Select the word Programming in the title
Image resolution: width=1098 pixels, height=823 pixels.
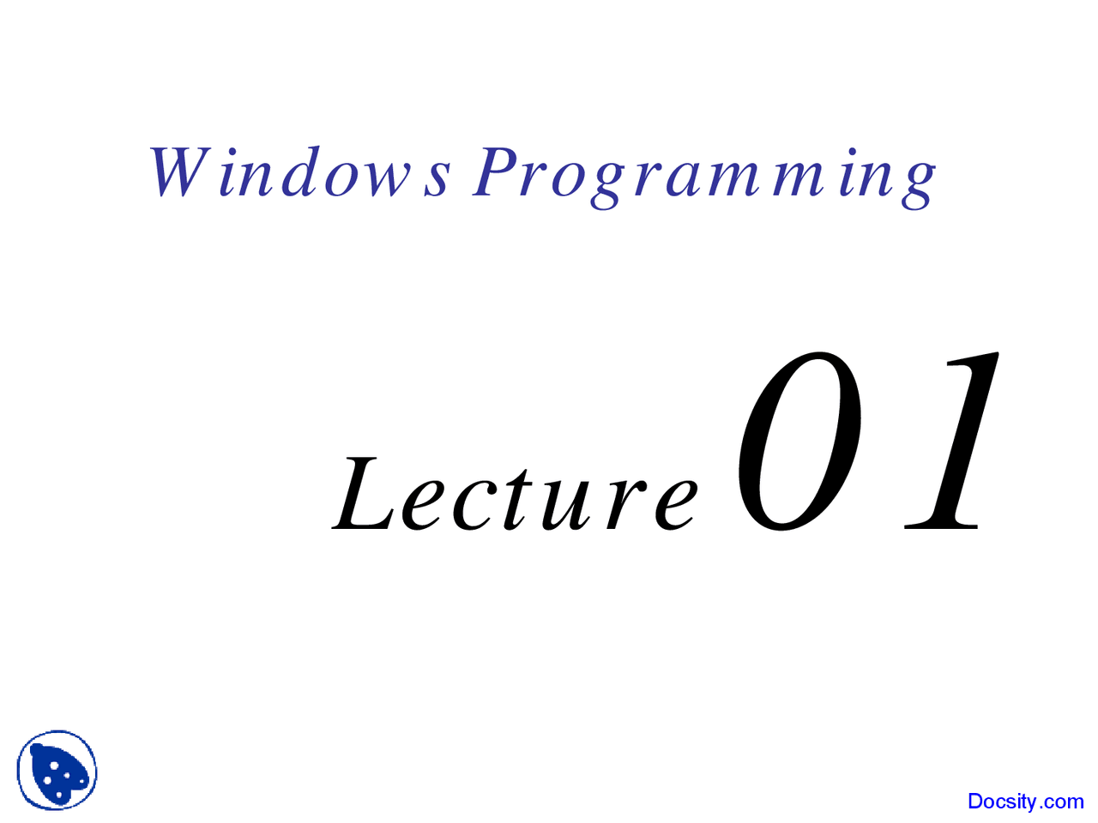coord(703,177)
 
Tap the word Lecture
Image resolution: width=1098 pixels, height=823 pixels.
coord(515,494)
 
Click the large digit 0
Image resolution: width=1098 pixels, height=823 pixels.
coord(799,442)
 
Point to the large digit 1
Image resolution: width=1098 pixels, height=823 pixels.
coord(951,441)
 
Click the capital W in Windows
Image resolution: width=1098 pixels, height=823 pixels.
coord(179,172)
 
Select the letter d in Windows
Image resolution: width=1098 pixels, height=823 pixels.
coord(300,171)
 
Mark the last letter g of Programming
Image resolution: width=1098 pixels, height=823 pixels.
coord(917,185)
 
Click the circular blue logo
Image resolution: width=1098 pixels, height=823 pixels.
coord(57,771)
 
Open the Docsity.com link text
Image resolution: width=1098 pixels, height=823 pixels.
coord(1025,802)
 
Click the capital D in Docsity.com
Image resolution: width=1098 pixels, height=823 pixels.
coord(976,801)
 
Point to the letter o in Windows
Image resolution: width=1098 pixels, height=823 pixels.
coord(345,179)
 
